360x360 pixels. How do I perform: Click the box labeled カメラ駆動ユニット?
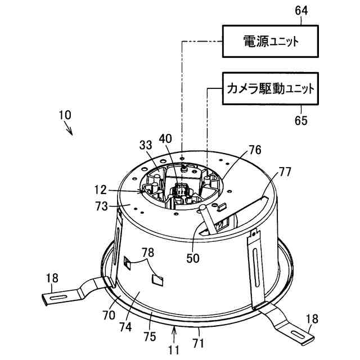pyautogui.click(x=269, y=89)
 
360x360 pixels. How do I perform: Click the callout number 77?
pyautogui.click(x=285, y=172)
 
